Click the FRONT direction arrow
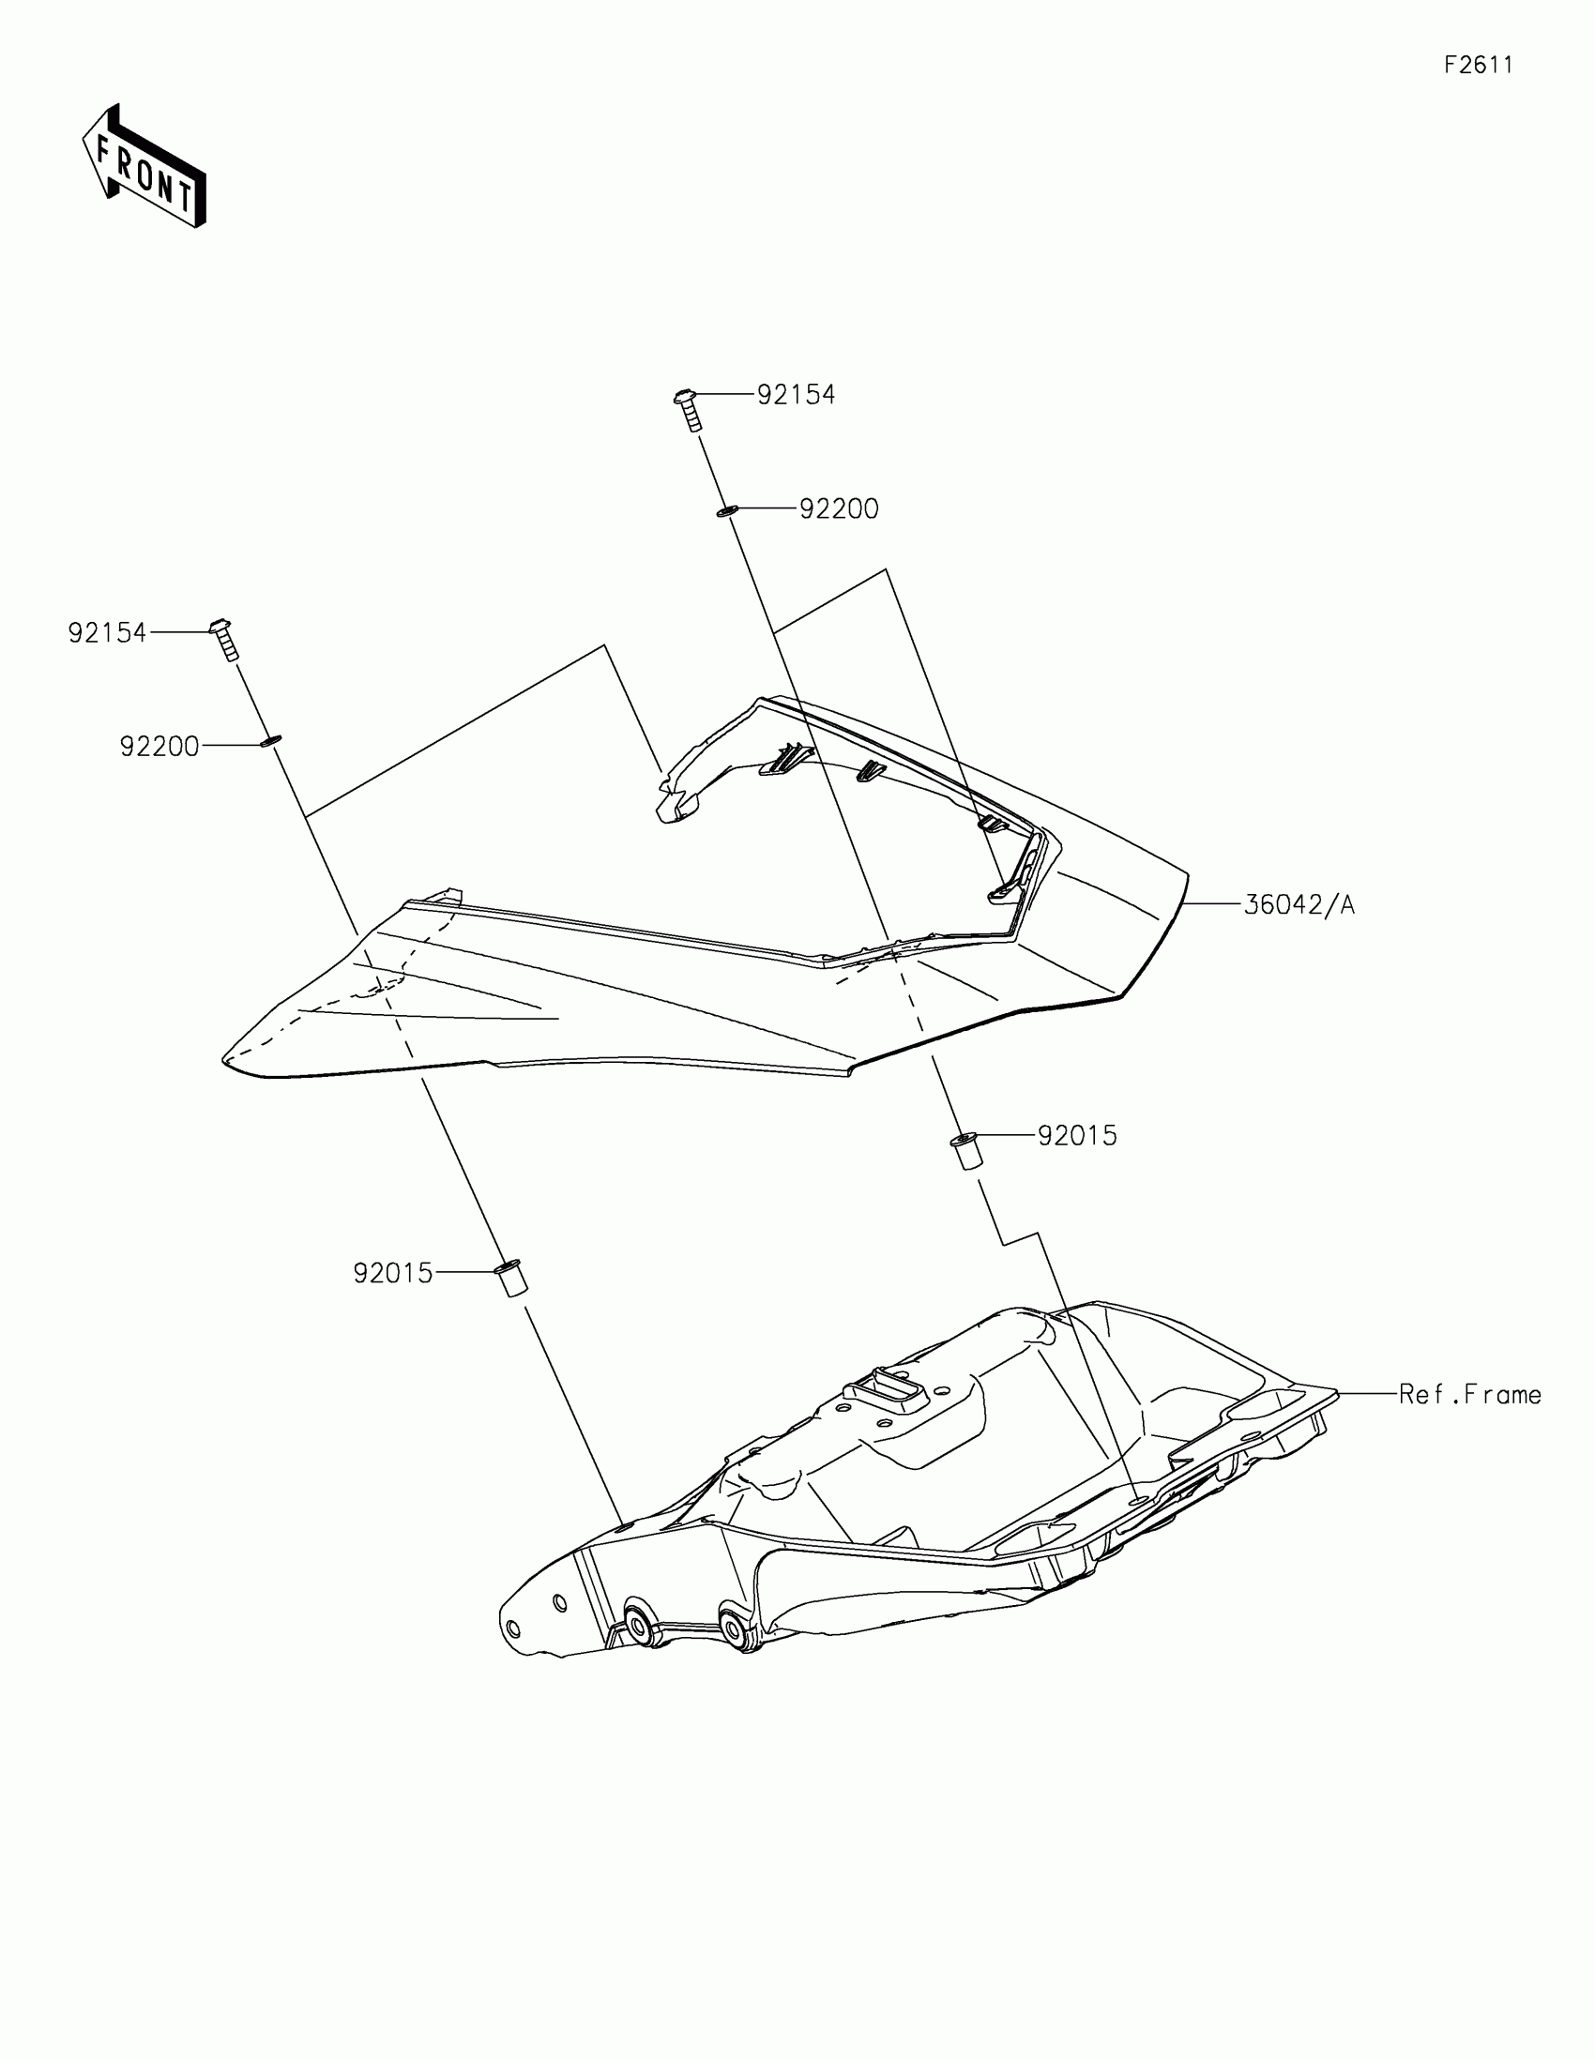[145, 168]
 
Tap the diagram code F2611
[1478, 65]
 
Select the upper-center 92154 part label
[796, 394]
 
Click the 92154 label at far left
[107, 633]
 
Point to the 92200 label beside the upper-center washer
[839, 509]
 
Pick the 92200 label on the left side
[159, 747]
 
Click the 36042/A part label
[1299, 904]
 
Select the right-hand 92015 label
[1077, 1136]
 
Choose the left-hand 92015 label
[392, 1273]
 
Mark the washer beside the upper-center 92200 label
[725, 511]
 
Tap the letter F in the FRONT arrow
[104, 149]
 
